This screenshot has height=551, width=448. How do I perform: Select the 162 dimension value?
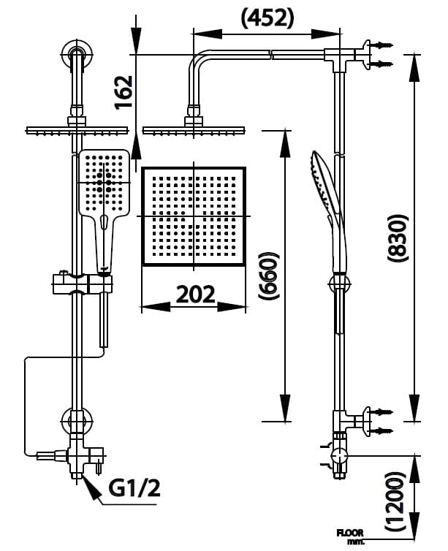point(125,92)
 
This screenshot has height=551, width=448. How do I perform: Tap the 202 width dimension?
point(195,294)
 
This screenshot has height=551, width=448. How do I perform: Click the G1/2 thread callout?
point(134,487)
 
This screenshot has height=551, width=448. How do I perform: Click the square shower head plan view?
point(194,217)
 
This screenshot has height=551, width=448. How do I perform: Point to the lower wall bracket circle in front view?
point(76,422)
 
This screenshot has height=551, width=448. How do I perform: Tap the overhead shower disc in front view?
point(76,131)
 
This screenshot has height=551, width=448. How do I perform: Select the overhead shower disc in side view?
point(193,131)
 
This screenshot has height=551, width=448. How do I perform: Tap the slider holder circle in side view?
point(338,284)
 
